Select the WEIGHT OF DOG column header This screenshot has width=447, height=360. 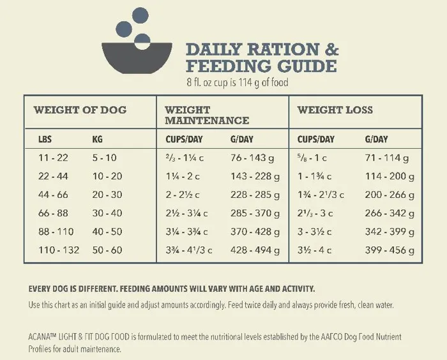[80, 110]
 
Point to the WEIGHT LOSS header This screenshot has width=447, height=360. [335, 110]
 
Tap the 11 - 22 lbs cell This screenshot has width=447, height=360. [54, 158]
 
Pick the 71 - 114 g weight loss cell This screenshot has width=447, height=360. [387, 158]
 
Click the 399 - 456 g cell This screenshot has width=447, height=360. [389, 250]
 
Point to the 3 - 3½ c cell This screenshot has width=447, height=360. [314, 232]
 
